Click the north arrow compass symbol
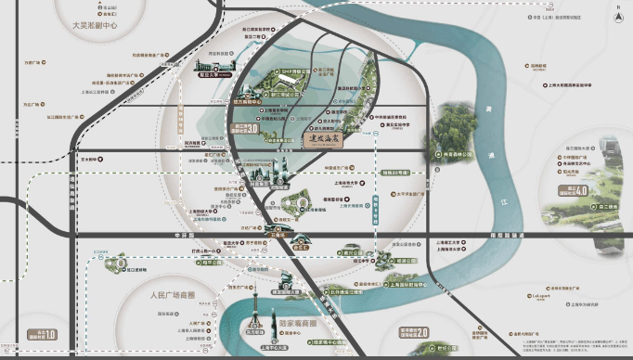pyautogui.click(x=614, y=13)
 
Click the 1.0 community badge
pyautogui.click(x=45, y=334)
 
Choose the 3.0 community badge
pyautogui.click(x=244, y=128)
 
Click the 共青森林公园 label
pyautogui.click(x=461, y=154)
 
